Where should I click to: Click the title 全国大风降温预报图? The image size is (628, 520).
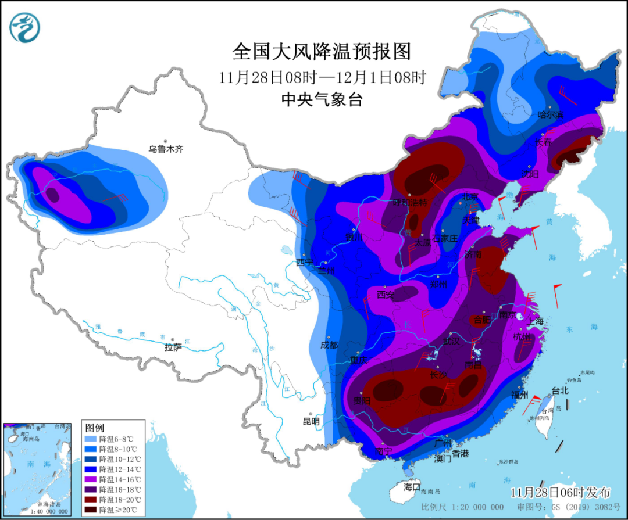tap(322, 52)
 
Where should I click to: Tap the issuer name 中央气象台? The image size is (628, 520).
tap(322, 100)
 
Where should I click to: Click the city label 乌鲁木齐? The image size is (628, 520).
tap(166, 149)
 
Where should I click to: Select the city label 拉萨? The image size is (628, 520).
tap(173, 347)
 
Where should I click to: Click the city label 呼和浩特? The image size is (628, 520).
tap(410, 203)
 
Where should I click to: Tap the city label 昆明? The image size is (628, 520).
tap(311, 421)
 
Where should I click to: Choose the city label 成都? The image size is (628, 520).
tap(329, 345)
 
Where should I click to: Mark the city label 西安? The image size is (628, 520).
tap(386, 295)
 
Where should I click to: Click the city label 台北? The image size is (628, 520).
tap(559, 391)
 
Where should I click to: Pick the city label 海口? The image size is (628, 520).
tap(412, 486)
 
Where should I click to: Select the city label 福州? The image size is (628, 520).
tap(519, 395)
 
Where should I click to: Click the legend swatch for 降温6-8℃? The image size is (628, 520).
tap(89, 439)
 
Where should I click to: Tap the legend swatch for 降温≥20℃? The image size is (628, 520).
tap(89, 510)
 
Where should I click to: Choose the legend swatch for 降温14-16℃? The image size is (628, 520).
tap(89, 479)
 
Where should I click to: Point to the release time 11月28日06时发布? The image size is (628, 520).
tap(560, 492)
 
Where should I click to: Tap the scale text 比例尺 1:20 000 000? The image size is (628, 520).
tap(462, 507)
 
